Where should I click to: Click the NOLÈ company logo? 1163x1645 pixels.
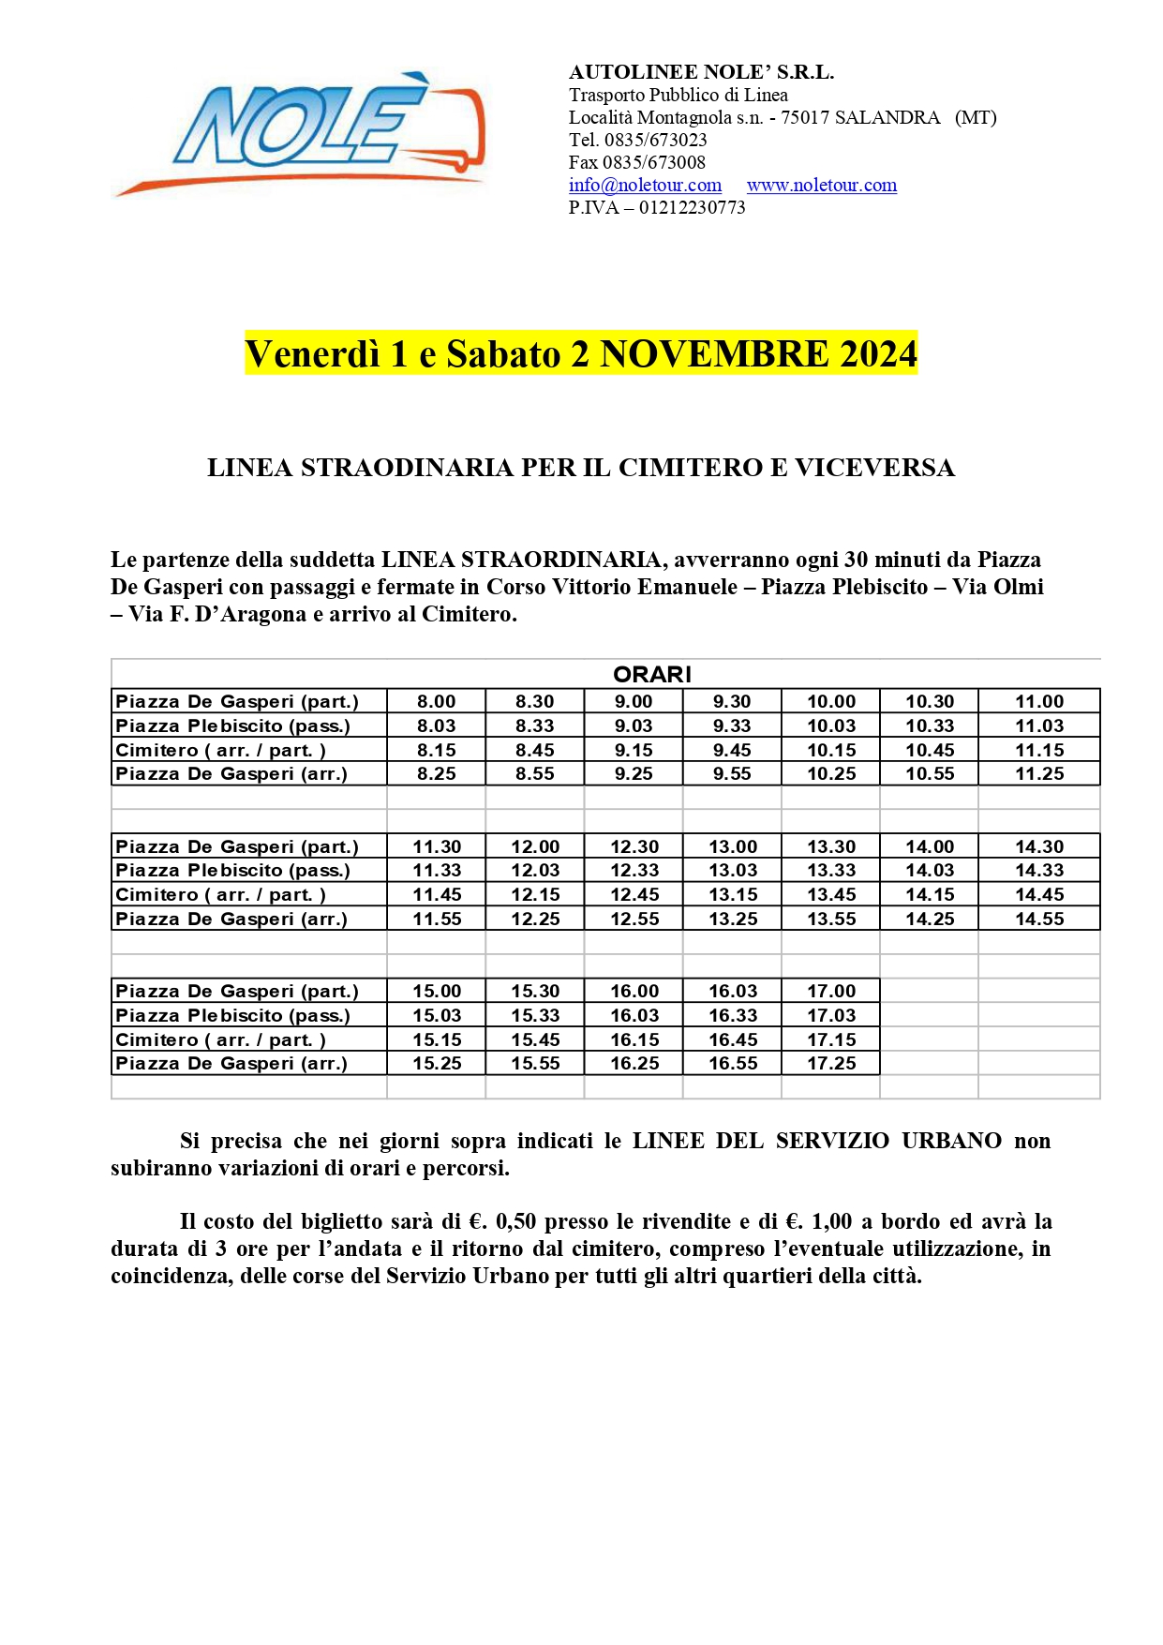tap(300, 133)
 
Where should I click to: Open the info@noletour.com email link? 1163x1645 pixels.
tap(645, 186)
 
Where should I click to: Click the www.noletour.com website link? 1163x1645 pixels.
tap(821, 186)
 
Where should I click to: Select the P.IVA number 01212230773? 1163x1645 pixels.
tap(692, 208)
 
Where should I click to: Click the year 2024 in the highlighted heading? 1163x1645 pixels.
tap(878, 354)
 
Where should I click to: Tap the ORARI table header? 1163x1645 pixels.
tap(651, 675)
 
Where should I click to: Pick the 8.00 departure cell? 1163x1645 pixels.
tap(437, 702)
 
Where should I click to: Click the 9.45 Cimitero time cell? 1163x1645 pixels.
tap(732, 751)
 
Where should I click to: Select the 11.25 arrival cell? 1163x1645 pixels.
tap(1039, 774)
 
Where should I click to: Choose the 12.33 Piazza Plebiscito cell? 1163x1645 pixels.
tap(634, 871)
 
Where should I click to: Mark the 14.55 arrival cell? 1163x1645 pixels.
tap(1039, 920)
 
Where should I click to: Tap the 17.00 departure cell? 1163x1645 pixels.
tap(831, 992)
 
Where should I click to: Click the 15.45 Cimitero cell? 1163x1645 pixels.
tap(535, 1040)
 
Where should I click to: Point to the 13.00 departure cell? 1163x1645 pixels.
tap(732, 847)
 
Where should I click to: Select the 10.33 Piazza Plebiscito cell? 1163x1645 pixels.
tap(930, 726)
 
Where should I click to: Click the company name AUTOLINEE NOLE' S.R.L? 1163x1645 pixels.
tap(701, 73)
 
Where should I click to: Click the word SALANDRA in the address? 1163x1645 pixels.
tap(887, 118)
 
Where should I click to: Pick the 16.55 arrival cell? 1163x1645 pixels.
tap(732, 1064)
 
